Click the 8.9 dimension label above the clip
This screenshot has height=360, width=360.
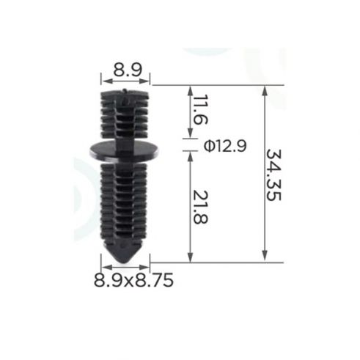point(128,70)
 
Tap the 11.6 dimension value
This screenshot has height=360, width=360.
point(200,109)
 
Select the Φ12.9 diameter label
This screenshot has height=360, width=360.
point(225,146)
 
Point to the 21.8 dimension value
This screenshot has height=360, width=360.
point(200,207)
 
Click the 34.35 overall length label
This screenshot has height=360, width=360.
point(273,175)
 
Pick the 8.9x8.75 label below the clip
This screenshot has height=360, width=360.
point(133,280)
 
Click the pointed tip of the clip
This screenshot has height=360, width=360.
point(124,262)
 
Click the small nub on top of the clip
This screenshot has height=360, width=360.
point(125,90)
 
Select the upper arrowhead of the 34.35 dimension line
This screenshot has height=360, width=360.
point(265,90)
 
